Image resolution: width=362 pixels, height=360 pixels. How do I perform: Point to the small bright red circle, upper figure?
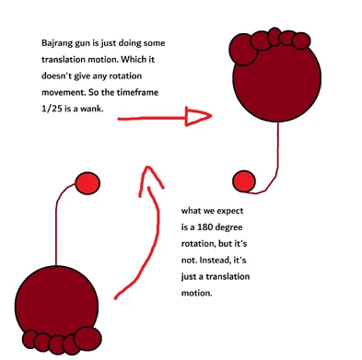[x=244, y=179]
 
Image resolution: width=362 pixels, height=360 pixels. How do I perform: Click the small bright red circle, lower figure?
[x=87, y=183]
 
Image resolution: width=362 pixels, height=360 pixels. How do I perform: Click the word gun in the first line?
[x=88, y=43]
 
